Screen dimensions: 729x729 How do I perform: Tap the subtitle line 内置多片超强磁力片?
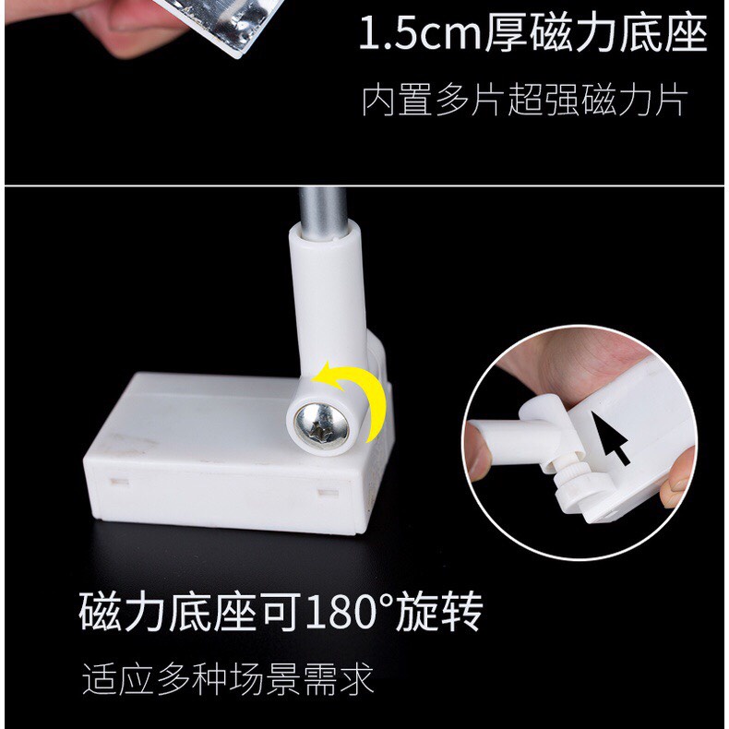[523, 101]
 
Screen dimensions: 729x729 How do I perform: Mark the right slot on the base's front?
[324, 492]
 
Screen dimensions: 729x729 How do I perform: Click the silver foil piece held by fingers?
[197, 23]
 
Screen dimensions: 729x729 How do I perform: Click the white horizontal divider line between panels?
[364, 185]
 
